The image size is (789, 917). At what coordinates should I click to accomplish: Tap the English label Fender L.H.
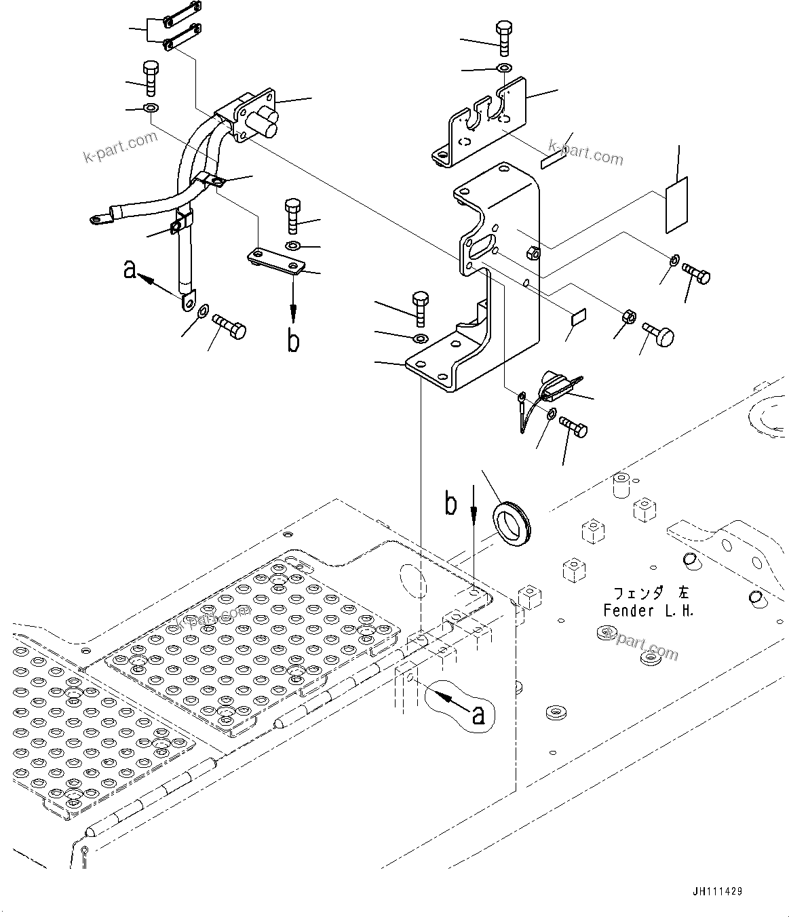tap(649, 611)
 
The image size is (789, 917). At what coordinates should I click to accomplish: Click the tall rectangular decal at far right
tap(676, 206)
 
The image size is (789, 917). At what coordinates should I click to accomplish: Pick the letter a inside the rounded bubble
tap(478, 715)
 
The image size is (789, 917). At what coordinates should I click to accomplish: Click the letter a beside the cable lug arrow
tap(130, 270)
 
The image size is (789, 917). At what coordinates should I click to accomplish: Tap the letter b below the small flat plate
tap(293, 341)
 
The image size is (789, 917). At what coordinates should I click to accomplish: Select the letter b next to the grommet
tap(450, 504)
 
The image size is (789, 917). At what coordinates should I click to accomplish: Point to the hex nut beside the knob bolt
tap(628, 316)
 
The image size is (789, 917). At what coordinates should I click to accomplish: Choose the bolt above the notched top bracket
tap(504, 39)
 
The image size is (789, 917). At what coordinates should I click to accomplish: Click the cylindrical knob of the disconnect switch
tap(263, 123)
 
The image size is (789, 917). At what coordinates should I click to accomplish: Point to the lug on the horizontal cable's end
tap(98, 219)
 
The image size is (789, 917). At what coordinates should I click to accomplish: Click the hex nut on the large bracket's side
tap(533, 254)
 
